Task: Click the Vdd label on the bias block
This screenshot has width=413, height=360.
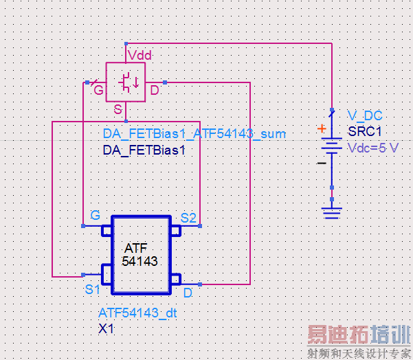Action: coord(139,55)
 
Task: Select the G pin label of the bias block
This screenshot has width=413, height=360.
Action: coord(98,91)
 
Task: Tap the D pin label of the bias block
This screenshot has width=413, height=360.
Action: coord(155,91)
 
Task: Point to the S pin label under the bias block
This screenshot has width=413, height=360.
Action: coord(118,110)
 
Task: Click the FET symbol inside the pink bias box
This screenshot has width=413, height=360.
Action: coord(126,82)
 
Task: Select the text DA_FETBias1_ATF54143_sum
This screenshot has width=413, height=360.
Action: coord(194,134)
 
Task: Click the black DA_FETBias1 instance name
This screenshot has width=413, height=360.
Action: coord(144,150)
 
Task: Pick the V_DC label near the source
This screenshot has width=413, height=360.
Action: coord(364,115)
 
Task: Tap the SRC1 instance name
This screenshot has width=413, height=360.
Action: coord(364,132)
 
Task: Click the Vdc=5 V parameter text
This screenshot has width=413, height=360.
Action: coord(372,148)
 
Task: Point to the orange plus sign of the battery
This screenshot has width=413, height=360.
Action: coord(321,128)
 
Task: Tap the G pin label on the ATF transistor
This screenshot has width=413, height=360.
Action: coord(95,216)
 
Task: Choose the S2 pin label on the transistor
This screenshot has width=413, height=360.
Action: coord(188,218)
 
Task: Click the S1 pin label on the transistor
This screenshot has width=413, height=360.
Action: coord(93,289)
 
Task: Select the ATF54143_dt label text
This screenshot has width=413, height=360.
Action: coord(137,313)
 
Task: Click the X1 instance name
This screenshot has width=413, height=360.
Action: coord(106,329)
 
